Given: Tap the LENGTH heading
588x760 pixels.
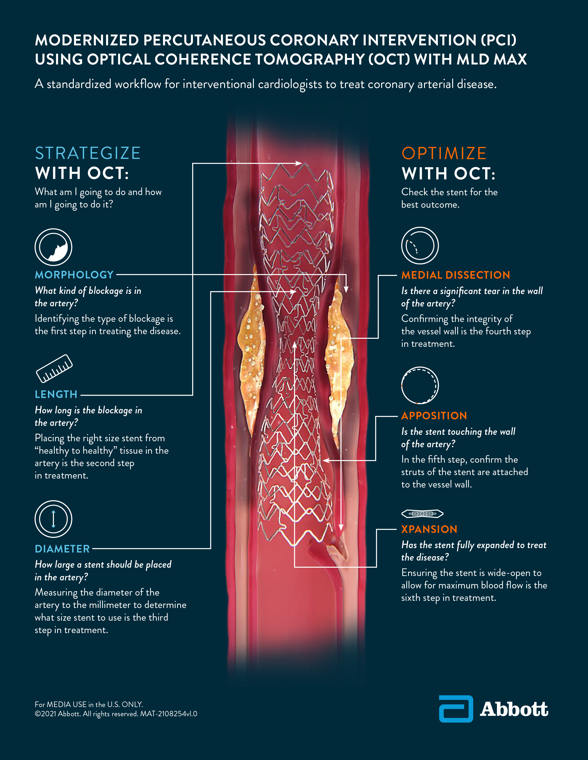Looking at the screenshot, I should (x=56, y=394).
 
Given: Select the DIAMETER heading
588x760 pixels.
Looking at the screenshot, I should (x=62, y=549).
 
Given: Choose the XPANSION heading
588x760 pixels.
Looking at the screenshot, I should (x=429, y=529).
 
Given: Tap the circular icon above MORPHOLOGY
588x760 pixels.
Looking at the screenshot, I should (x=53, y=247).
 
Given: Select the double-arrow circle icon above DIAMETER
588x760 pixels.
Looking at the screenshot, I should (x=53, y=519).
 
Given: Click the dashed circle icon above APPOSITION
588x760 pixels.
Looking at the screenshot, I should (x=420, y=385).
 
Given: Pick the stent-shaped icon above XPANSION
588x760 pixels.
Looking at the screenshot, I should (x=422, y=513).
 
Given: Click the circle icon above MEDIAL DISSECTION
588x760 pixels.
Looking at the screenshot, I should (x=420, y=246).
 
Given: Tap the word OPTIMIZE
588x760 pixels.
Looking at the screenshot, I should (x=444, y=153).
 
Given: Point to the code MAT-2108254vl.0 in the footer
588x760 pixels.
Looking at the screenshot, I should (x=169, y=714).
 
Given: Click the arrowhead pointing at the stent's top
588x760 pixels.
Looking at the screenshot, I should (x=299, y=163).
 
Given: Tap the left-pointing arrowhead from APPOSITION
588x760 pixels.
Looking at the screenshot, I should (x=326, y=460).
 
